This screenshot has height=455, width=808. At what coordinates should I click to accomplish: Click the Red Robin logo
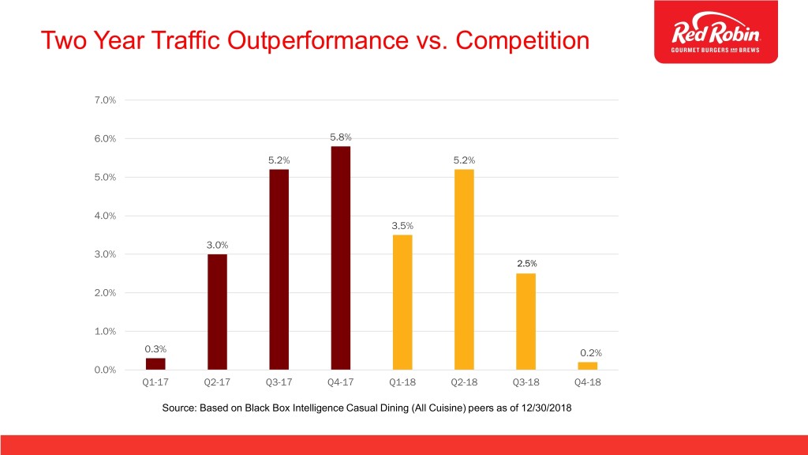pyautogui.click(x=716, y=32)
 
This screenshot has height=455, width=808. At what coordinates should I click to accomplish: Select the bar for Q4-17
pyautogui.click(x=341, y=258)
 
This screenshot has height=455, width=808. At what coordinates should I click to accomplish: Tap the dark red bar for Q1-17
pyautogui.click(x=155, y=363)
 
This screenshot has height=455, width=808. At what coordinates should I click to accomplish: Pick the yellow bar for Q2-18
pyautogui.click(x=464, y=269)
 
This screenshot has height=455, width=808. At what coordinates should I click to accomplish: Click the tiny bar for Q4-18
pyautogui.click(x=587, y=366)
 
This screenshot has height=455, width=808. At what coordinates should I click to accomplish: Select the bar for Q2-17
pyautogui.click(x=217, y=312)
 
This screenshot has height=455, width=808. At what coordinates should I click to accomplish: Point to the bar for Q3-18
pyautogui.click(x=526, y=322)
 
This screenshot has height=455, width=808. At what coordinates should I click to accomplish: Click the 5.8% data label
pyautogui.click(x=341, y=137)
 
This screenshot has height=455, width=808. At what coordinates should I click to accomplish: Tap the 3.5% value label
pyautogui.click(x=402, y=226)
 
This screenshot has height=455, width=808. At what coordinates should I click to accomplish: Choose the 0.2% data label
pyautogui.click(x=590, y=353)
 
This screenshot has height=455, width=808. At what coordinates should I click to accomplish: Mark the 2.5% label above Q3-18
pyautogui.click(x=526, y=264)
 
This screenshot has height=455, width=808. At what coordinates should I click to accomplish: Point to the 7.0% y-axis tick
pyautogui.click(x=105, y=100)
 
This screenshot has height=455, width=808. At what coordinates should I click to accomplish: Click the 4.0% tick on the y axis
pyautogui.click(x=105, y=216)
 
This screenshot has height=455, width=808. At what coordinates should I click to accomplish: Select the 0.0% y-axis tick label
pyautogui.click(x=105, y=370)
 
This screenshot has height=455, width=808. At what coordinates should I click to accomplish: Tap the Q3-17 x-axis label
pyautogui.click(x=279, y=382)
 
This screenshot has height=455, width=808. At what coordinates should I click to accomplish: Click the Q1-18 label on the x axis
pyautogui.click(x=402, y=382)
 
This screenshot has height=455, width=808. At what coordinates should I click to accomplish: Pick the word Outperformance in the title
pyautogui.click(x=318, y=41)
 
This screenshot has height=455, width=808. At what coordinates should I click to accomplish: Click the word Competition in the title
pyautogui.click(x=522, y=41)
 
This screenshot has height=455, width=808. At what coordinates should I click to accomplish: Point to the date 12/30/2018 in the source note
pyautogui.click(x=546, y=408)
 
